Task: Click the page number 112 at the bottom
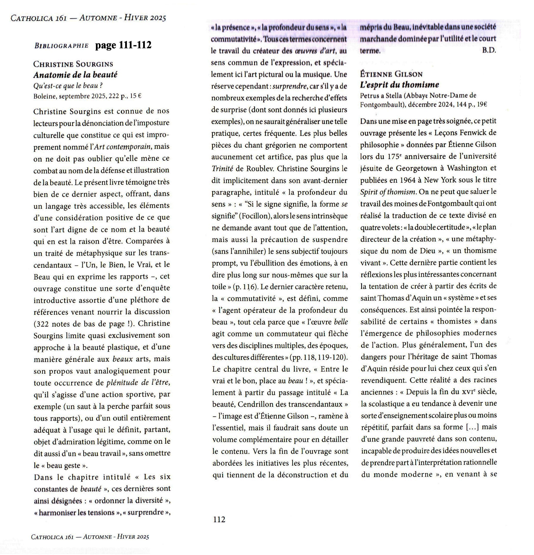pyautogui.click(x=219, y=519)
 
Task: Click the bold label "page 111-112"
pyautogui.click(x=123, y=45)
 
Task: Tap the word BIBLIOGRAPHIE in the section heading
pyautogui.click(x=61, y=46)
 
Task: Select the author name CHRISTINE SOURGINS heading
pyautogui.click(x=73, y=64)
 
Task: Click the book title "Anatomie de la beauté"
pyautogui.click(x=75, y=75)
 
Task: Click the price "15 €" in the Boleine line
pyautogui.click(x=135, y=96)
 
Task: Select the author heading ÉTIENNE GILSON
pyautogui.click(x=391, y=74)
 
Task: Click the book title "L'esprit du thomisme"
pyautogui.click(x=399, y=85)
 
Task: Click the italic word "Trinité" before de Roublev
pyautogui.click(x=222, y=169)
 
